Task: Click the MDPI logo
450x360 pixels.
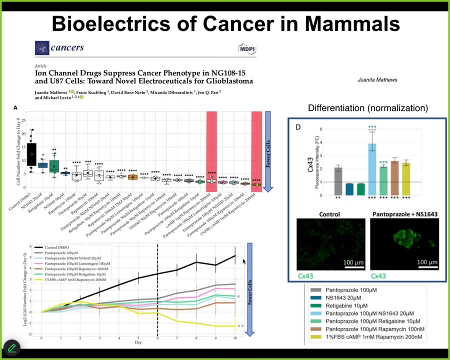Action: (247, 48)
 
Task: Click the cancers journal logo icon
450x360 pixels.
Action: (42, 48)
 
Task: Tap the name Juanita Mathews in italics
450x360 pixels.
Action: (377, 80)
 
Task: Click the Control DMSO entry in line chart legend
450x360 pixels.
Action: (57, 247)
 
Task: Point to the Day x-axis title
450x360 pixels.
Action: (138, 342)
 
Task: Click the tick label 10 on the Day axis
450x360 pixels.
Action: (235, 338)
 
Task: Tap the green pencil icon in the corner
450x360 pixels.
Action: (11, 347)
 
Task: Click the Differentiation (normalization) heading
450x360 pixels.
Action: (367, 108)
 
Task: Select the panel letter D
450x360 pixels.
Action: (298, 127)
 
